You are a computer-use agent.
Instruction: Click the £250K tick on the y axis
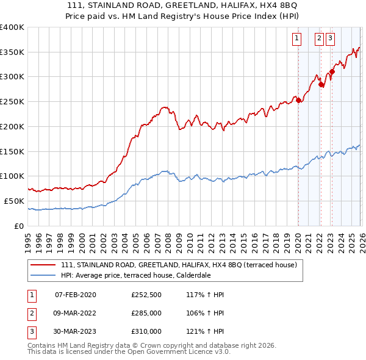(12, 101)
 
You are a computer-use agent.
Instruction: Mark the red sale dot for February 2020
(298, 101)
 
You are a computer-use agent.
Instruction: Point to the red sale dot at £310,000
(332, 72)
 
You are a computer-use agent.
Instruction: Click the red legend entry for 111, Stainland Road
(178, 265)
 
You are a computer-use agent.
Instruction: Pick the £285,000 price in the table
(146, 313)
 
